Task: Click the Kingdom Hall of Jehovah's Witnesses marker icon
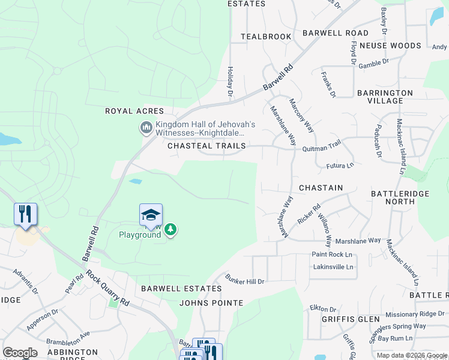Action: (146, 128)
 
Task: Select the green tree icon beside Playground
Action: (171, 230)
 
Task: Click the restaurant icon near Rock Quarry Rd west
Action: (25, 214)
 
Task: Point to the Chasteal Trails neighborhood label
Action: (206, 146)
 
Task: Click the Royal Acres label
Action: (134, 111)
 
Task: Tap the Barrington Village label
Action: (385, 97)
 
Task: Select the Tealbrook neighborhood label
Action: (266, 37)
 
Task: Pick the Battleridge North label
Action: (401, 199)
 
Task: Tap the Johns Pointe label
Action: (211, 303)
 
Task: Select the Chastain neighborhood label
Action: (321, 188)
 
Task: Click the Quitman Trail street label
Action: (322, 143)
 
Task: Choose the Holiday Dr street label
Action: (230, 82)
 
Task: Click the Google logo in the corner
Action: (20, 353)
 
